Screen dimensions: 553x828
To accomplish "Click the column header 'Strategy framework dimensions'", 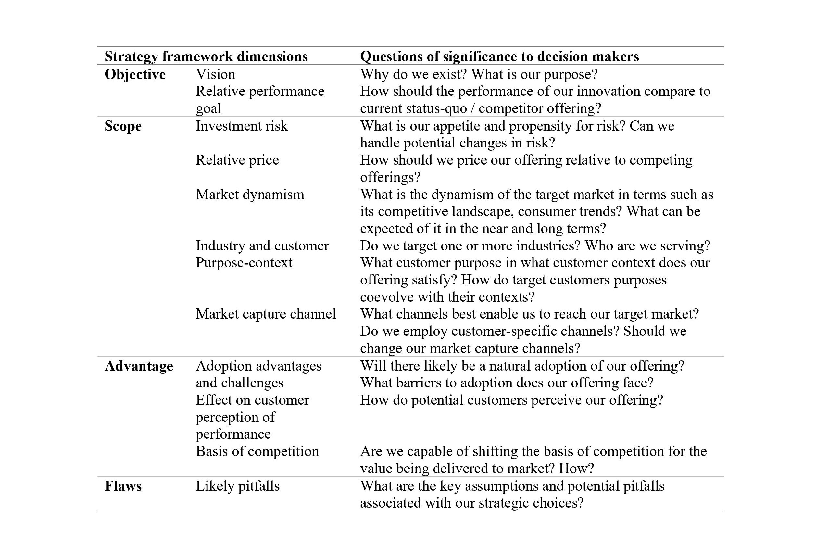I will [x=206, y=57].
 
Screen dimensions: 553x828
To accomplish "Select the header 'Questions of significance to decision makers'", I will [x=499, y=57].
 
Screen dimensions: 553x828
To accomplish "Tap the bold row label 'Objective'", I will [x=135, y=74].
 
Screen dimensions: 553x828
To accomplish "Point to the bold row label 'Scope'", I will [x=123, y=126].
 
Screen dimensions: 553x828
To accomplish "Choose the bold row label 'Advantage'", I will [x=139, y=366].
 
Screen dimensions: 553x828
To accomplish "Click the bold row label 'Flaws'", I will [x=123, y=486].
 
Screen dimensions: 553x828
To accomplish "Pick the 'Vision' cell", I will [x=216, y=74].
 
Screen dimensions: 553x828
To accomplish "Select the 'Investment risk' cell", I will [x=242, y=126].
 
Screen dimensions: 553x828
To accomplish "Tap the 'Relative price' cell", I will [x=237, y=160].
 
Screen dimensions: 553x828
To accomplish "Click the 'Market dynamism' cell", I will [x=250, y=194].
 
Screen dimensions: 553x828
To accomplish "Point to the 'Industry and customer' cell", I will [x=262, y=245].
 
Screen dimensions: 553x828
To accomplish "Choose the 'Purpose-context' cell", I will [x=244, y=263].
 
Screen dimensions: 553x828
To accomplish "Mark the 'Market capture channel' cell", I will [x=266, y=314].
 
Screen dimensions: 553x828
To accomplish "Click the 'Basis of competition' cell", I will [x=257, y=451].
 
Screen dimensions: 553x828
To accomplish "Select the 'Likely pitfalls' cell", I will [x=238, y=486].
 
